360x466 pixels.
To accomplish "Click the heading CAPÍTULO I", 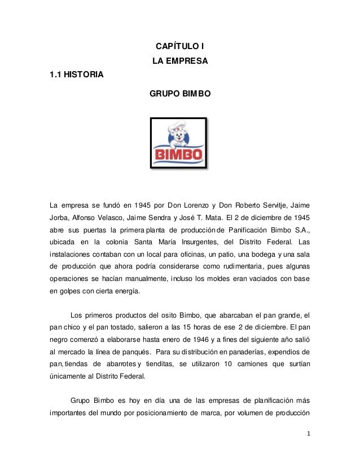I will pyautogui.click(x=179, y=45).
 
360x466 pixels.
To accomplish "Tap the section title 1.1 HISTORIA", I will pyautogui.click(x=77, y=74).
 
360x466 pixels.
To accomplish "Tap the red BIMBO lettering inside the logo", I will pyautogui.click(x=179, y=154).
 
